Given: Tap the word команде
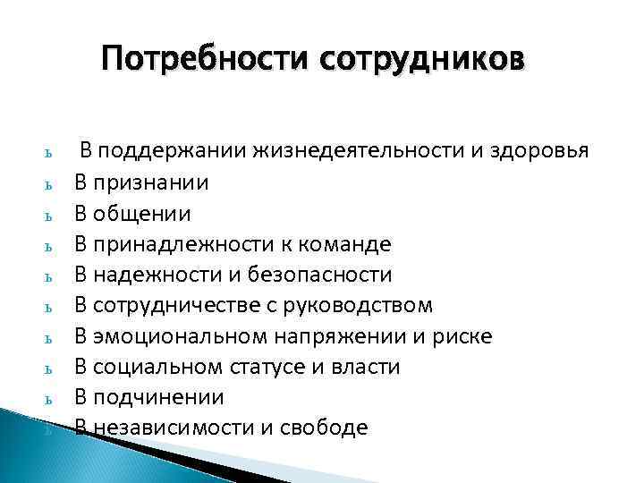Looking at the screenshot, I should (350, 244).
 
